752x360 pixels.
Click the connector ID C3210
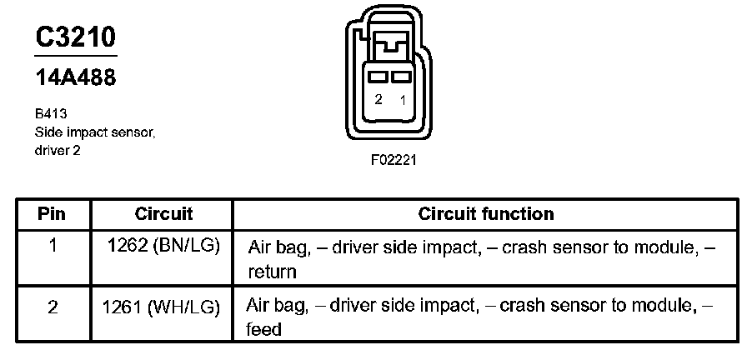coord(76,37)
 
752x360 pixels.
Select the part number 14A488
coord(76,77)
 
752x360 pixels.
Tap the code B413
coord(51,113)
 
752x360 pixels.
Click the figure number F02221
coord(394,160)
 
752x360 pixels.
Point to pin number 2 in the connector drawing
coord(379,99)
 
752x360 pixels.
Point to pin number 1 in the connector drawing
coord(403,100)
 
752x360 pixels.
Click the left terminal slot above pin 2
coord(379,77)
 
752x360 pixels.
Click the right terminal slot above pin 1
coord(401,77)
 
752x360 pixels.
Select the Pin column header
coord(52,214)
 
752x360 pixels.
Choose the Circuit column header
coord(163,214)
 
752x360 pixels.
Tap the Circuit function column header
coord(486,214)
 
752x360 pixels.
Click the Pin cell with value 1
coord(52,246)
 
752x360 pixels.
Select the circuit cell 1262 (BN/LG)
coord(163,247)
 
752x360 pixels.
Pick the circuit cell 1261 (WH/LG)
coord(161,307)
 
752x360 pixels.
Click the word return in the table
coord(273,272)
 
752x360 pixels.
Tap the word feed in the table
coord(263,330)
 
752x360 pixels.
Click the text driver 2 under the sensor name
coord(58,151)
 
